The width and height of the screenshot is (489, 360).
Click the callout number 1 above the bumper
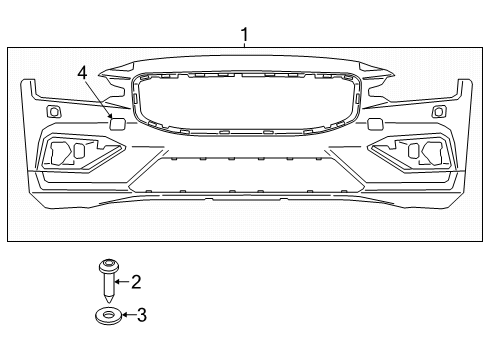[x=245, y=36]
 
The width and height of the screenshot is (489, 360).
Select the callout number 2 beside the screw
[x=138, y=284]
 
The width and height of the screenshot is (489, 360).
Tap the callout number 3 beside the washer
[x=141, y=316]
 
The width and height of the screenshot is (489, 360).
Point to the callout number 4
[x=83, y=71]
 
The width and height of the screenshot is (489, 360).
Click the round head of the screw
[x=108, y=266]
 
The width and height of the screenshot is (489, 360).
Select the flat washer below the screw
[x=107, y=318]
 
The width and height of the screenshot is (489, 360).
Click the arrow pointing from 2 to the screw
[x=123, y=284]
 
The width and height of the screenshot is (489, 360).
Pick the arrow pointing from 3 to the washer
[x=127, y=317]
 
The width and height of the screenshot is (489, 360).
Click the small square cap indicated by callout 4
[x=116, y=124]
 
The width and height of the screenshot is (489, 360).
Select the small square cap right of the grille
[x=375, y=124]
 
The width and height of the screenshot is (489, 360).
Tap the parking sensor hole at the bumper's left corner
[x=55, y=111]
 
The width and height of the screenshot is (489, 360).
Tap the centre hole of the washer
[x=107, y=317]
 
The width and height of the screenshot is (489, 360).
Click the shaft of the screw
[x=108, y=284]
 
